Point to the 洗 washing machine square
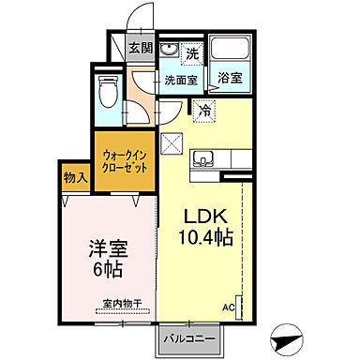pos(191,52)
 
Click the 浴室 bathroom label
pos(230,80)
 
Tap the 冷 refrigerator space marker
pos(203,111)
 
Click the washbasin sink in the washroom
pos(170,52)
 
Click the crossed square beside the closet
pos(172,144)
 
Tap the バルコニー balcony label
pos(192,337)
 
